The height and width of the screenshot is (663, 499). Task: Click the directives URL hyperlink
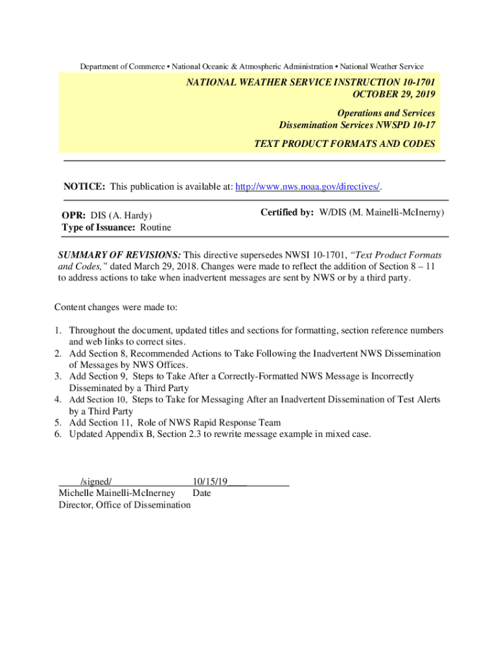point(308,187)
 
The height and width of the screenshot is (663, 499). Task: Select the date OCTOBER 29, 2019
point(393,94)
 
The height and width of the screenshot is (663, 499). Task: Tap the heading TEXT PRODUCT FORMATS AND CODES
point(344,144)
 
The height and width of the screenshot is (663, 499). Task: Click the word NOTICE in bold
point(84,187)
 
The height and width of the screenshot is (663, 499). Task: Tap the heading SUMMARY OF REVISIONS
point(120,254)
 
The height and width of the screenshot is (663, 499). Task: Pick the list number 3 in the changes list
point(58,376)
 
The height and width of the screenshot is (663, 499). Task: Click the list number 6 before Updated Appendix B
point(58,434)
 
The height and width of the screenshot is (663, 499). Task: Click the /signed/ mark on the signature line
point(97,482)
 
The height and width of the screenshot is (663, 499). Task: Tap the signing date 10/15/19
point(210,482)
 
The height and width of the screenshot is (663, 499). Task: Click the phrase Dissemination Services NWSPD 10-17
point(356,124)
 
